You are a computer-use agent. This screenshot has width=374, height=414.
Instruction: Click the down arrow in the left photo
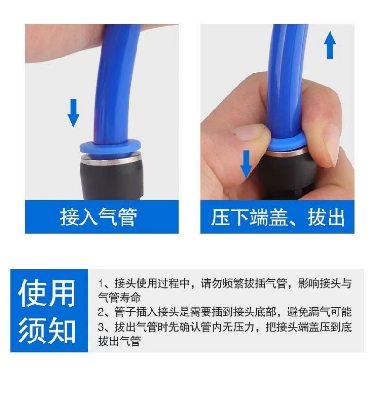73,113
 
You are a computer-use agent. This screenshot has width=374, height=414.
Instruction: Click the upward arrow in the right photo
330,45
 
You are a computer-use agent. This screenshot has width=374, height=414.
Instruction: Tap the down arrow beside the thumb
246,164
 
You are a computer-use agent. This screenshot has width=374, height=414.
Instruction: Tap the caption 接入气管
99,217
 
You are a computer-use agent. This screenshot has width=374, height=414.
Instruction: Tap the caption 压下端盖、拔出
277,217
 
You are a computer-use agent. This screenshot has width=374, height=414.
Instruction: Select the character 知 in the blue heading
62,330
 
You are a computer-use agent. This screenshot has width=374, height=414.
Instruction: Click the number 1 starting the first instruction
101,284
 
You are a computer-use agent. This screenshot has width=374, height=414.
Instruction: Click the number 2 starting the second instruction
101,312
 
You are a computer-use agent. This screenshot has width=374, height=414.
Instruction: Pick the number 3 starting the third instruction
101,327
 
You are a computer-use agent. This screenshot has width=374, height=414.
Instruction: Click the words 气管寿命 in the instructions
119,298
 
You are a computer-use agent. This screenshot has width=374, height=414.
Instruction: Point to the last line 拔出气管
119,341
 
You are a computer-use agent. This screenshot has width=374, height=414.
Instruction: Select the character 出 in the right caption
335,217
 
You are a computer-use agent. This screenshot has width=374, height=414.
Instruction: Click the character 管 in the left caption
128,217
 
